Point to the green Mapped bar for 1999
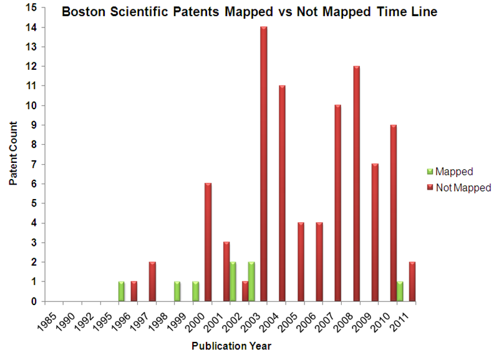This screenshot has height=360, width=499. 178,291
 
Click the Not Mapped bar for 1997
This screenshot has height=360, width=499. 152,281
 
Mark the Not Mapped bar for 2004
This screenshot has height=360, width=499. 283,193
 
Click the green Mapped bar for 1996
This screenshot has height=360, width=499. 122,291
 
